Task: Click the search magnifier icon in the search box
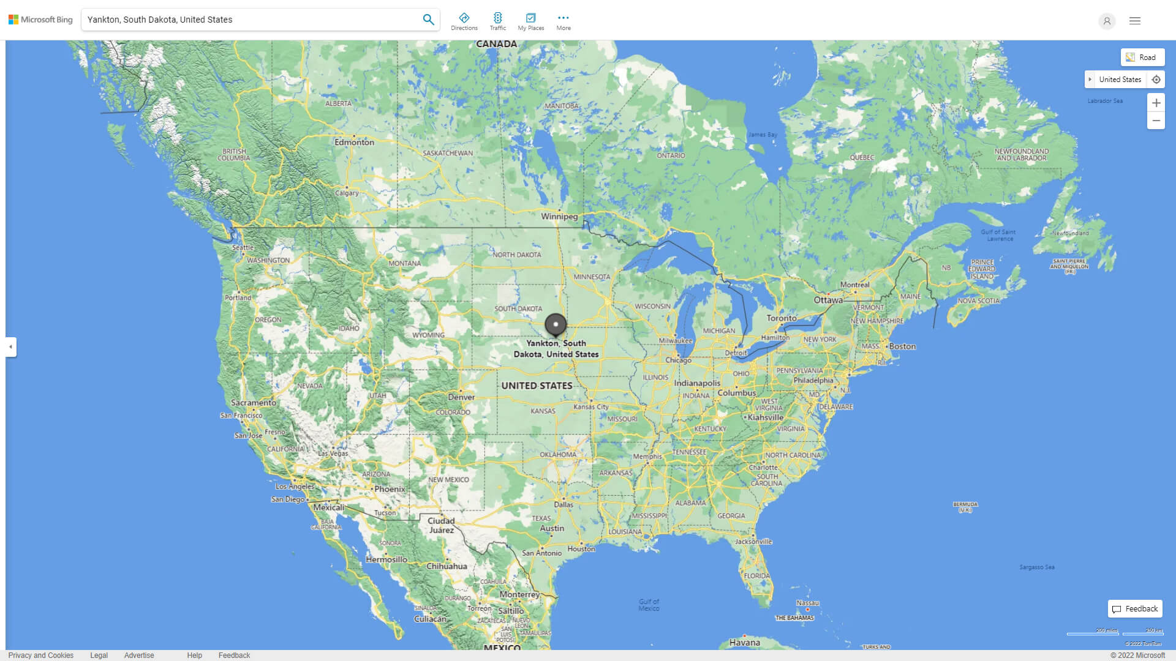coord(428,20)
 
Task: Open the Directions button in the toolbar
coord(464,21)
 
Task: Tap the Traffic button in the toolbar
coord(497,21)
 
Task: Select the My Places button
coord(530,21)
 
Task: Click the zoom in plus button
coord(1156,103)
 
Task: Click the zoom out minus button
coord(1156,121)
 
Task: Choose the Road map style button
coord(1142,58)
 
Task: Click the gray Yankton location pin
coord(556,324)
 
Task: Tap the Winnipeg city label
coord(559,216)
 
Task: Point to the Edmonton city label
coord(354,142)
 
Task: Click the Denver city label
coord(461,397)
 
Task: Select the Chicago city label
coord(678,360)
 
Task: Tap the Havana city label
coord(745,642)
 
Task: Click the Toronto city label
coord(782,318)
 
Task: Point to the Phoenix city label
coord(390,489)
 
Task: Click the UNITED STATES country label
coord(537,386)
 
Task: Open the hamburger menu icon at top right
coord(1135,21)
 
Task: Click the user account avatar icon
coord(1107,21)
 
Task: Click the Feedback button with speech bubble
coord(1135,608)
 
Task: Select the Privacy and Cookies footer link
coord(41,655)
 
